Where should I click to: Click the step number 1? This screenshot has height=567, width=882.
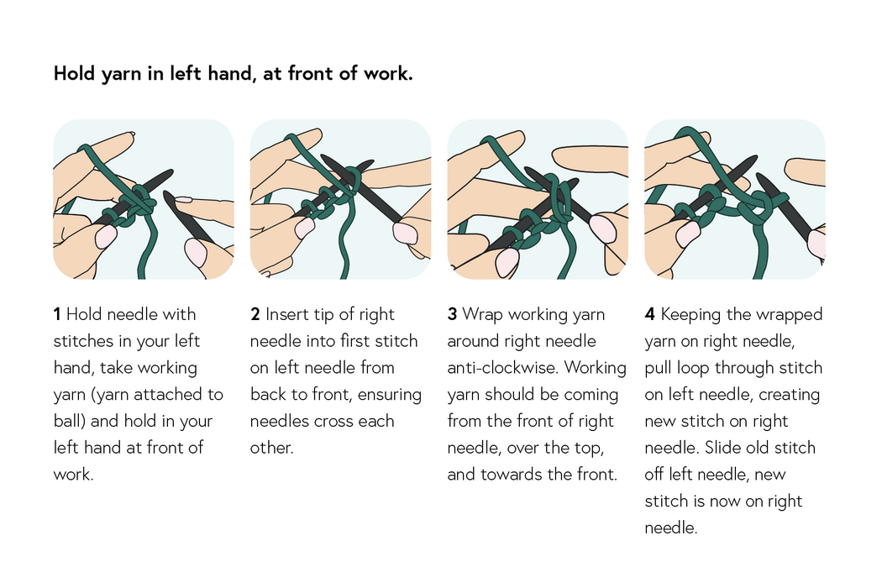pos(57,314)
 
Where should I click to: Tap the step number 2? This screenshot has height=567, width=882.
pos(255,314)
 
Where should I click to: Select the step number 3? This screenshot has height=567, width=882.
pos(452,314)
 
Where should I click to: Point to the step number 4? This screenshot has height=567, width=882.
pos(649,314)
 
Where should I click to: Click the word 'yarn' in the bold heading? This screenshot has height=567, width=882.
pos(121,74)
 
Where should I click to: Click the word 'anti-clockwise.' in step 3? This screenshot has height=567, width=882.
pos(503,367)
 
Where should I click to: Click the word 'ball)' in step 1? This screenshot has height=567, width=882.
pos(70,422)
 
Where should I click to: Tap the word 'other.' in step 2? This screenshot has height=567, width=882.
pos(271,448)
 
